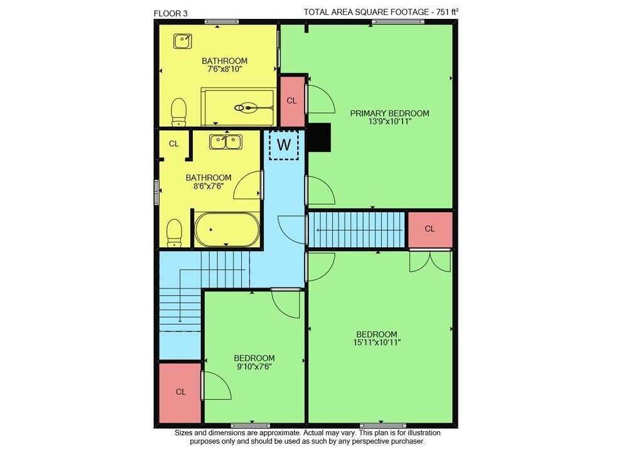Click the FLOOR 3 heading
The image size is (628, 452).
coord(171,13)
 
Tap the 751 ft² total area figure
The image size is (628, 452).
coord(447,12)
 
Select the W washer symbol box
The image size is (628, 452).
coord(284,145)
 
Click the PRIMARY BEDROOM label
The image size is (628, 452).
coord(389,113)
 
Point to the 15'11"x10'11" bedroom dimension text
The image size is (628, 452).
coord(377,343)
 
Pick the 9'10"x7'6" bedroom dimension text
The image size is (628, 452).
coord(254,367)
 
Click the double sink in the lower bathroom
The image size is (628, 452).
coord(225,142)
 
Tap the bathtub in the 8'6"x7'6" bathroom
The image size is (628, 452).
coord(227,229)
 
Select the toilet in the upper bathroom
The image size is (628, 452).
coord(179,112)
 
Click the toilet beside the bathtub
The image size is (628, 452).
coord(174,233)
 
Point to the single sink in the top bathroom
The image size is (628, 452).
coord(183,41)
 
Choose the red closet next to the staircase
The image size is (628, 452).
coord(430,229)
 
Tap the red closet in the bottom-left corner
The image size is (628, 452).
coord(180,392)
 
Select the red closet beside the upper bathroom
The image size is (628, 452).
coord(291,101)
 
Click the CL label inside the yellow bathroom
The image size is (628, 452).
coord(174,144)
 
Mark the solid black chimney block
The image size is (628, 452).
coord(319,137)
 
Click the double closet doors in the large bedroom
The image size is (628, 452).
coord(430,261)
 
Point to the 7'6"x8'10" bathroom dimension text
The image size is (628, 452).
coord(224,69)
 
